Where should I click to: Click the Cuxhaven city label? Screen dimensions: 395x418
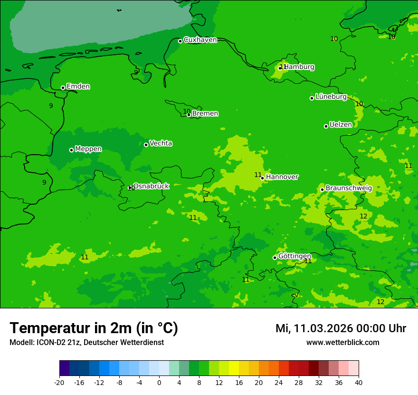(200, 40)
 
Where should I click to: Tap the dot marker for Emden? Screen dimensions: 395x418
(63, 88)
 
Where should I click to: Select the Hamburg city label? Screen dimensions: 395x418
(299, 67)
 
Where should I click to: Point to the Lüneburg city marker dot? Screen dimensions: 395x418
(312, 98)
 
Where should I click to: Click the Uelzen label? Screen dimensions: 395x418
(341, 125)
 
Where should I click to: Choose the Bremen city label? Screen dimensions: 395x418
(205, 114)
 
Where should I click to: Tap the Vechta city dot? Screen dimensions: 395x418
(146, 145)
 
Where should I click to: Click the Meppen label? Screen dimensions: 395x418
(88, 149)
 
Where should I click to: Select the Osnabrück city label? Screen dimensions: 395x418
(151, 186)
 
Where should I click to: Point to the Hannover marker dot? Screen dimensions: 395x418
(262, 178)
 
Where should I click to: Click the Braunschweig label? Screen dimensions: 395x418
(349, 188)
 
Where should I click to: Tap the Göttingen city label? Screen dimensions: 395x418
(294, 256)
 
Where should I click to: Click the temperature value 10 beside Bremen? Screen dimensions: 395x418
(187, 111)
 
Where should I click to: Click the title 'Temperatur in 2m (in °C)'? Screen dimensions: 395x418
(94, 328)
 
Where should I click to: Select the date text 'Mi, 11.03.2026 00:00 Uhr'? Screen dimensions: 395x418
(341, 328)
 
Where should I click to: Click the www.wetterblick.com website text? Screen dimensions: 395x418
(342, 343)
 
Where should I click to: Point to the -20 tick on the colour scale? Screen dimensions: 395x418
(59, 382)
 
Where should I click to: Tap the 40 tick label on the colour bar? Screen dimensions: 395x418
(359, 382)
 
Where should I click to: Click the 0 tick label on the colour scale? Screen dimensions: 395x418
(159, 382)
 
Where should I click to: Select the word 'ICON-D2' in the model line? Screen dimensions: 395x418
(49, 343)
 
